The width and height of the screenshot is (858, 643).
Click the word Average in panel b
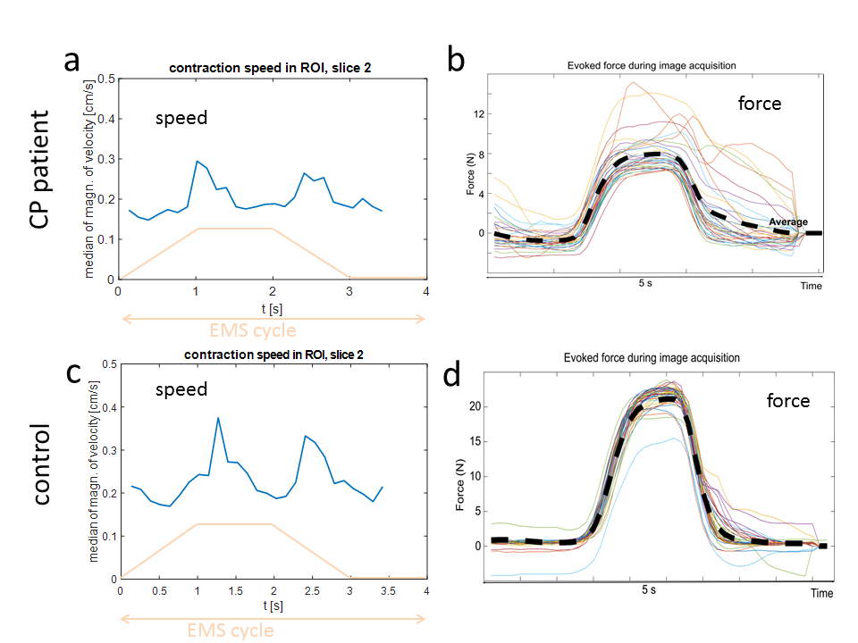788,222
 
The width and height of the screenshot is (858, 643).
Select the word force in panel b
759,104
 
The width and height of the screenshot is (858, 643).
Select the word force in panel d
787,401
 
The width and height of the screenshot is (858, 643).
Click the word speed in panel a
181,117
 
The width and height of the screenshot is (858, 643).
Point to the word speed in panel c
181,389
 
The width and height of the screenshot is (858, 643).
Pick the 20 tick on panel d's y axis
475,405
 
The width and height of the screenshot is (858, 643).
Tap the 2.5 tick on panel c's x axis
311,591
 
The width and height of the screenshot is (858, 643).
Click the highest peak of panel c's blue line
218,417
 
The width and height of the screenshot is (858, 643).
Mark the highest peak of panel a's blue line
197,162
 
